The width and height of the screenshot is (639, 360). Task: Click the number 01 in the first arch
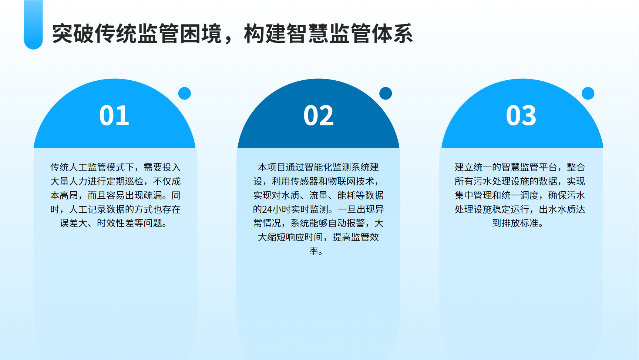114,115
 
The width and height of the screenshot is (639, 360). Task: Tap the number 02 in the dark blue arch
318,115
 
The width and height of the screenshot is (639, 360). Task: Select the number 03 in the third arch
521,115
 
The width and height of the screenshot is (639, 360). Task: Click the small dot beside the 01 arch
184,93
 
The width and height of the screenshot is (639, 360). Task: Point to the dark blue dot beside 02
386,93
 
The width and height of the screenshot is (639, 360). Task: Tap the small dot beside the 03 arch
588,93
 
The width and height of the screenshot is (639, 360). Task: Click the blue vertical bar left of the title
33,25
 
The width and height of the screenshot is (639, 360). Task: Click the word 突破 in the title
73,34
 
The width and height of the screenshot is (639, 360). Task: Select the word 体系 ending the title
392,34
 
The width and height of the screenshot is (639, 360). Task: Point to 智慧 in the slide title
307,34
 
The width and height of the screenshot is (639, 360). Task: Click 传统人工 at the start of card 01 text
69,167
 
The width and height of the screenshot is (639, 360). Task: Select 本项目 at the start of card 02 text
272,167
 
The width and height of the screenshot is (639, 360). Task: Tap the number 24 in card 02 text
267,209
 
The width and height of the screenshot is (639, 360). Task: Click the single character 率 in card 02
314,251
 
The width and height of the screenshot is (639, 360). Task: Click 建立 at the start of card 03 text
464,167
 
